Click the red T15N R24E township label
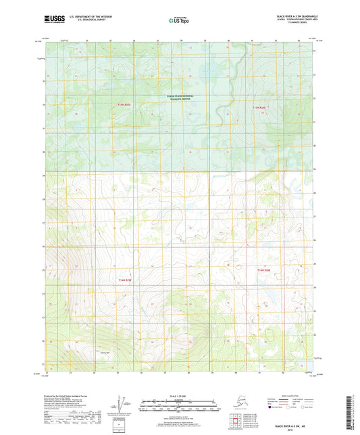[260, 107]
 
